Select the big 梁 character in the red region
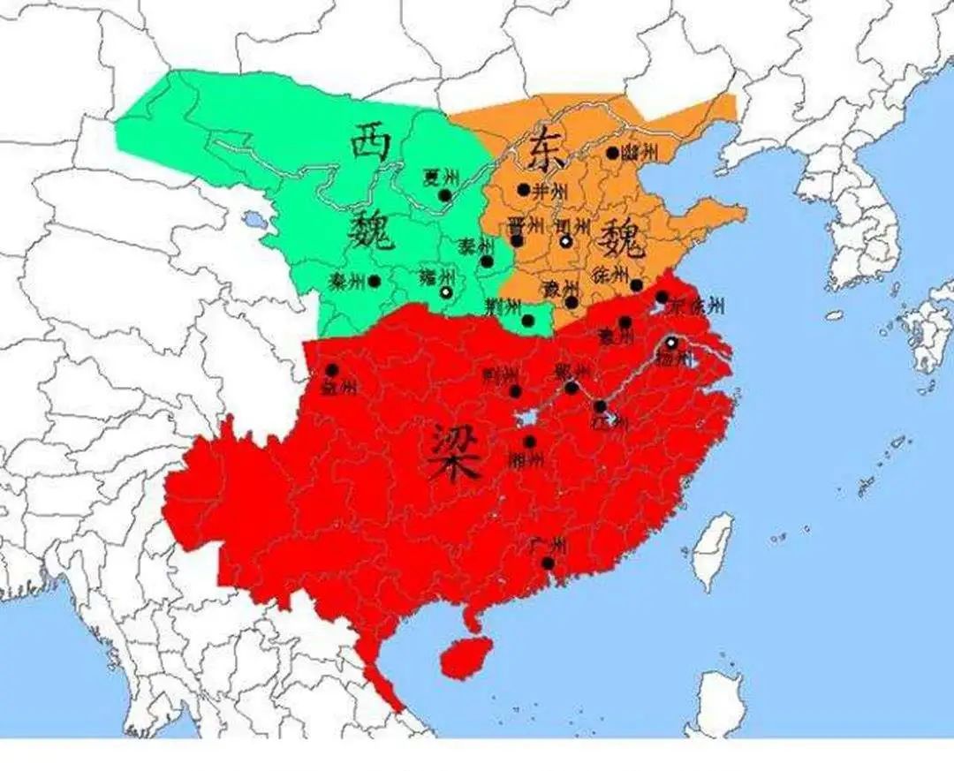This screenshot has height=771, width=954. click(x=458, y=452)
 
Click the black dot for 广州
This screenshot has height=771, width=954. click(x=549, y=563)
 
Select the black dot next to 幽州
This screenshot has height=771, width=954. click(x=612, y=153)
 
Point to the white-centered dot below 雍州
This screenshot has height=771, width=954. click(x=447, y=291)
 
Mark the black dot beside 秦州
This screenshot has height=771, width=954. click(x=375, y=281)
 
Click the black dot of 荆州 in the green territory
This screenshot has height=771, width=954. click(x=528, y=320)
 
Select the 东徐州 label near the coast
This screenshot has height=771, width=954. click(x=698, y=306)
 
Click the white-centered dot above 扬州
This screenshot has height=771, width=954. click(x=671, y=342)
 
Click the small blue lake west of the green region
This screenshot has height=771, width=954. click(x=254, y=217)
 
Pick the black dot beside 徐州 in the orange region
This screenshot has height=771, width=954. click(x=637, y=284)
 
